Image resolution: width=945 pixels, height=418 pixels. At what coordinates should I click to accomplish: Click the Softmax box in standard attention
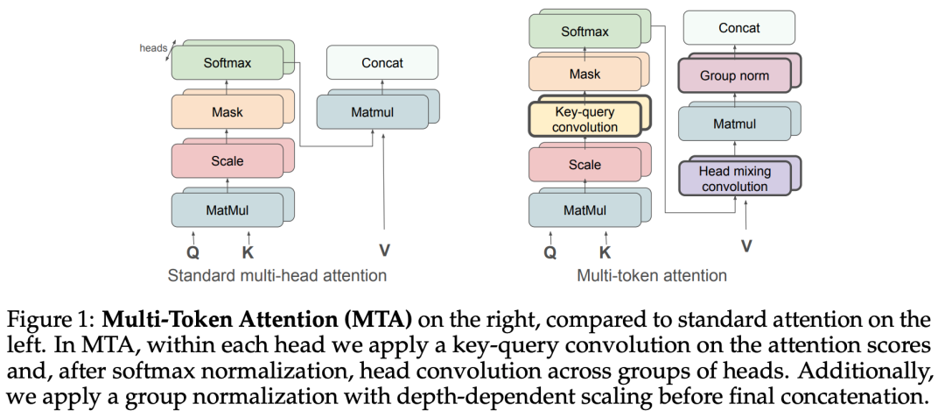click(x=227, y=63)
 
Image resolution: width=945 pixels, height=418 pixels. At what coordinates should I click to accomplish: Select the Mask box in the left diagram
click(x=227, y=112)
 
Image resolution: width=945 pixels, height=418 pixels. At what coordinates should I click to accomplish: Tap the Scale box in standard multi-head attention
click(x=227, y=161)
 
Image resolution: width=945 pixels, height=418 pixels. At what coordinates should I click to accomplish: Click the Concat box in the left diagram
click(x=381, y=63)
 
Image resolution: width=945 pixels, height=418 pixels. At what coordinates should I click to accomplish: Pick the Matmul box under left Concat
click(x=372, y=112)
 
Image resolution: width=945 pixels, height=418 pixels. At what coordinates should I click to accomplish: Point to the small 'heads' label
click(x=153, y=47)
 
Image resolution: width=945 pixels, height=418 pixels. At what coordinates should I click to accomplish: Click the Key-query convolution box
click(x=585, y=120)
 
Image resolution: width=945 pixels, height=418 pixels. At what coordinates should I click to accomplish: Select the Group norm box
click(x=734, y=76)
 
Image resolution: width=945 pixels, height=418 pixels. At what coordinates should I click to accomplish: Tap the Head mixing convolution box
click(x=734, y=179)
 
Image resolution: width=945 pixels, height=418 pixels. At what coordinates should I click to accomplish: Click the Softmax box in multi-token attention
click(x=585, y=31)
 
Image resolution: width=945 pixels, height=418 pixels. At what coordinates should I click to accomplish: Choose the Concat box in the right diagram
click(x=738, y=29)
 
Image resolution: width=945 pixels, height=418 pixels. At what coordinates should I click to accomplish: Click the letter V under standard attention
click(x=384, y=251)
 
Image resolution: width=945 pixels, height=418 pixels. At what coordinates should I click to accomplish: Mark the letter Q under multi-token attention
click(x=549, y=253)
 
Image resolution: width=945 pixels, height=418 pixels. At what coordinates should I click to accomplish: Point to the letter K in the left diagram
click(x=248, y=252)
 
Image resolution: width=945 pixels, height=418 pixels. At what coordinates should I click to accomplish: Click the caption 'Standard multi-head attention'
click(x=276, y=276)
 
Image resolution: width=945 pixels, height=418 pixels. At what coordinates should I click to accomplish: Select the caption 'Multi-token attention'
click(x=652, y=276)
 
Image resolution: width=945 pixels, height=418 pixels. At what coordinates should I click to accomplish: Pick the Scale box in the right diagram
click(x=584, y=165)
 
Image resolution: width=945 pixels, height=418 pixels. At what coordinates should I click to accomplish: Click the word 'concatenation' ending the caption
click(x=843, y=396)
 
